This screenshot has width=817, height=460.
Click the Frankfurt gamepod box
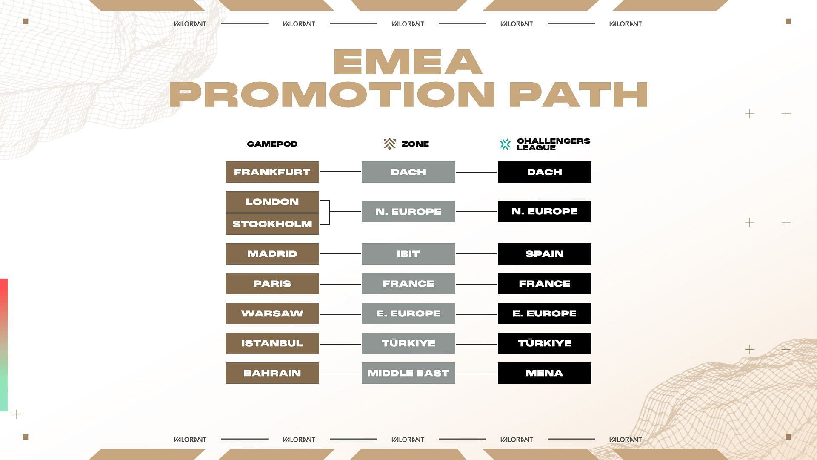272,172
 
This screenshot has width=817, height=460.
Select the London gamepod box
272,202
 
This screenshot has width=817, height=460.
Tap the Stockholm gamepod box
272,224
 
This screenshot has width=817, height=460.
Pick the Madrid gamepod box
272,254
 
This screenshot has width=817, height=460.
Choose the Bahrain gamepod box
272,373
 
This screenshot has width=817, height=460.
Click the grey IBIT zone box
408,254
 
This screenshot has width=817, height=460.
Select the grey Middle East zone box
408,373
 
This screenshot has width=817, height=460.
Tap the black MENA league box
545,373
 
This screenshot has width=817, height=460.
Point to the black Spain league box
545,254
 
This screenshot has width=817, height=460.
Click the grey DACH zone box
408,172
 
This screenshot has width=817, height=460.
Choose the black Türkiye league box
545,343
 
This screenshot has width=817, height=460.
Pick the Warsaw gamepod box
272,313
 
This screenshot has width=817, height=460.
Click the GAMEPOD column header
272,144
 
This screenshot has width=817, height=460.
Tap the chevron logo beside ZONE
389,144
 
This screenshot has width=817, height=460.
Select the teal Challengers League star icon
505,144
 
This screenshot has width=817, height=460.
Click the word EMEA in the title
408,62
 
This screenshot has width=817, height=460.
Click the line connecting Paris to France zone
340,284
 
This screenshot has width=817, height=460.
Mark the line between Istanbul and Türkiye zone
340,344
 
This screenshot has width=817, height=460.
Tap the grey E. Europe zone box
408,313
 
